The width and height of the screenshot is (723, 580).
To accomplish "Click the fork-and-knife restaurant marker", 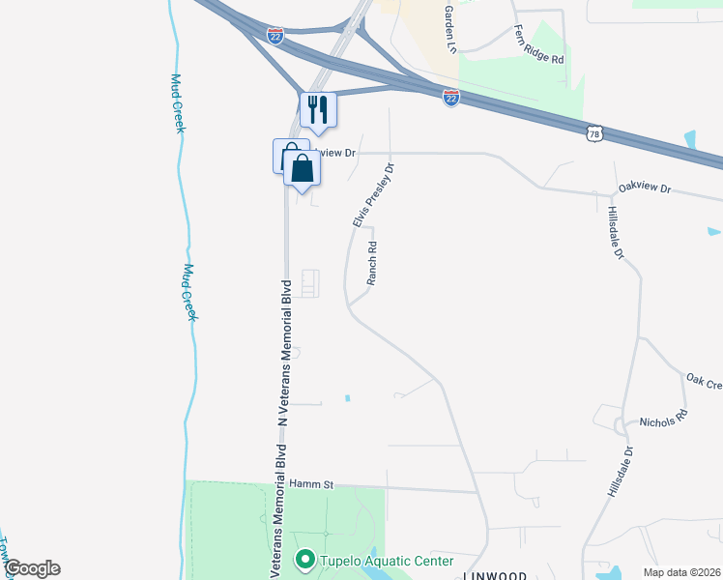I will pyautogui.click(x=318, y=109).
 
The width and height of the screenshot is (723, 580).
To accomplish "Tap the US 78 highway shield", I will pyautogui.click(x=594, y=132).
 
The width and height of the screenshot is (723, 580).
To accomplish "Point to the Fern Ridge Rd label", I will pyautogui.click(x=538, y=44).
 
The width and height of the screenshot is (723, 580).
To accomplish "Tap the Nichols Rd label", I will pyautogui.click(x=663, y=420).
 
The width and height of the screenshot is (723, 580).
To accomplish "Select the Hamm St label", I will pyautogui.click(x=310, y=484).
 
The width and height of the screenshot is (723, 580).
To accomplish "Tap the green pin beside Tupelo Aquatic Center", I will pyautogui.click(x=305, y=560).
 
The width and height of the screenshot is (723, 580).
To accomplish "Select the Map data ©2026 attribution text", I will pyautogui.click(x=680, y=572).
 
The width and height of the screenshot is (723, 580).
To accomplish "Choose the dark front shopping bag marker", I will pyautogui.click(x=303, y=168).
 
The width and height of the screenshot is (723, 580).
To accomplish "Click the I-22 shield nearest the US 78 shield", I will pyautogui.click(x=450, y=98).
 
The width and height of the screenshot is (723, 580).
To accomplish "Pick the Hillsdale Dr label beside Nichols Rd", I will pyautogui.click(x=620, y=472).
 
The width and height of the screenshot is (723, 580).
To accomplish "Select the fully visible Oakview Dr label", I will pyautogui.click(x=645, y=189).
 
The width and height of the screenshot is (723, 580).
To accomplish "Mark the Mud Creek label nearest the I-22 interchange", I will pyautogui.click(x=177, y=103).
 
